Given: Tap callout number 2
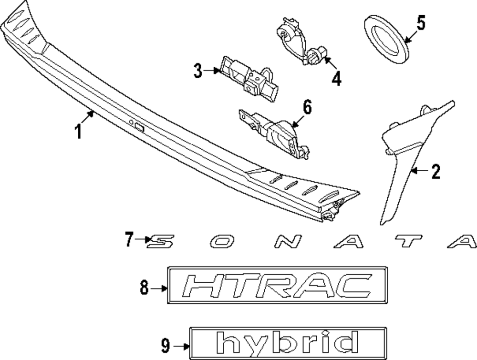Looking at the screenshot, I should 435,172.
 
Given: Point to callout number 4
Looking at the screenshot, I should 336,79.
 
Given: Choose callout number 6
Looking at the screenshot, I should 307,108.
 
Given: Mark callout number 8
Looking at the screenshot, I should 145,288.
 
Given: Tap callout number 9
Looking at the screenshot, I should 165,346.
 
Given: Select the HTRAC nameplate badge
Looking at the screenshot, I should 277,286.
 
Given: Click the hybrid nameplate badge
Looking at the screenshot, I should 288,343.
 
